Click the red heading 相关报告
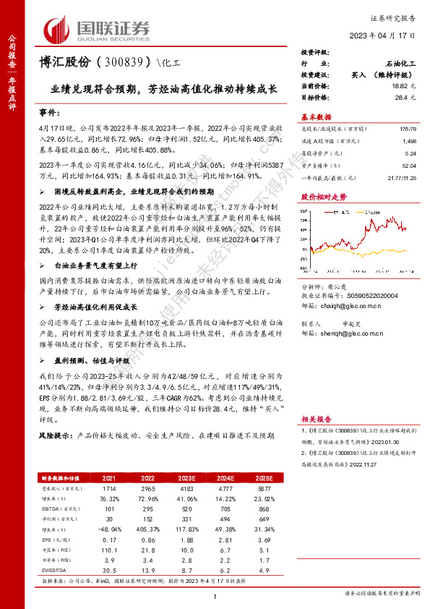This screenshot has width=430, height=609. tap(316, 420)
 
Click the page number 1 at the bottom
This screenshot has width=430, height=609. tap(215, 595)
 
